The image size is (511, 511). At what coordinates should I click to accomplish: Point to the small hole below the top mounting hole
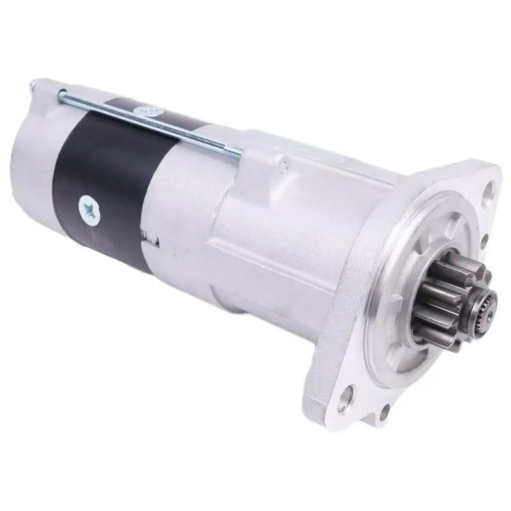484,240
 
